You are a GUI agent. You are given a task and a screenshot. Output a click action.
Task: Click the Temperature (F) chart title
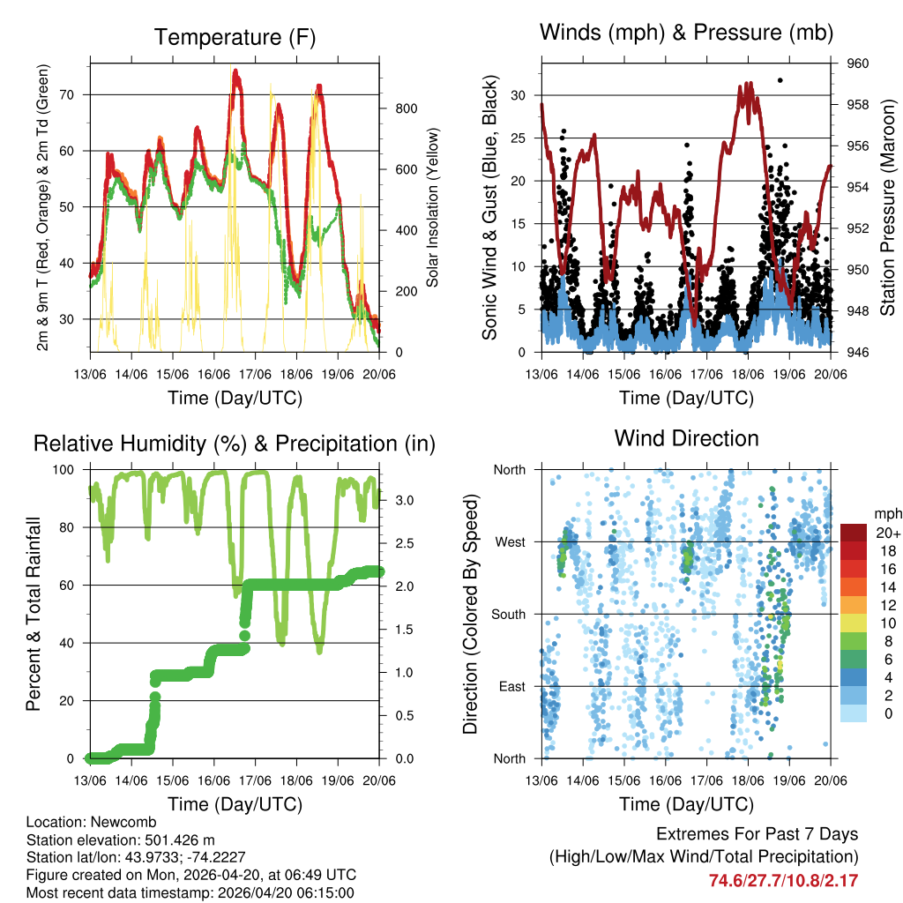pos(235,37)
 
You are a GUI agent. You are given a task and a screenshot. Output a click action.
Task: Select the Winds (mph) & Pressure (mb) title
pos(686,33)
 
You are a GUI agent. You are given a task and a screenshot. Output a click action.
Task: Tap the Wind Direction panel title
pos(686,438)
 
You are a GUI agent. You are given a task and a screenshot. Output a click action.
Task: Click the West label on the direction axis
pos(509,541)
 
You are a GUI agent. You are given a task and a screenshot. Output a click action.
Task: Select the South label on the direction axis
pos(507,614)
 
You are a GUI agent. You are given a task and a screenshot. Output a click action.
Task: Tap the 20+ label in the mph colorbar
pos(888,532)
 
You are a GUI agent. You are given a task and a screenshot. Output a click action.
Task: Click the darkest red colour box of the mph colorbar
pos(854,533)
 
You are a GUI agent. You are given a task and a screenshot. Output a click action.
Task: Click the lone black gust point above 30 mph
pos(780,80)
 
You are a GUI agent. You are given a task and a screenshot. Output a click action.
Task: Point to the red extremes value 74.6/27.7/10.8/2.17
pos(783,880)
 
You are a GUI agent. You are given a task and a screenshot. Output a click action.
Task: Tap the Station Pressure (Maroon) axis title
pos(888,207)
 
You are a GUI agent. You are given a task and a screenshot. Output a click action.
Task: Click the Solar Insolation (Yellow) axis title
pos(433,207)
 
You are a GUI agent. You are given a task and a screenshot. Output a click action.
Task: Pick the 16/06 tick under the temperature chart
pos(213,374)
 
